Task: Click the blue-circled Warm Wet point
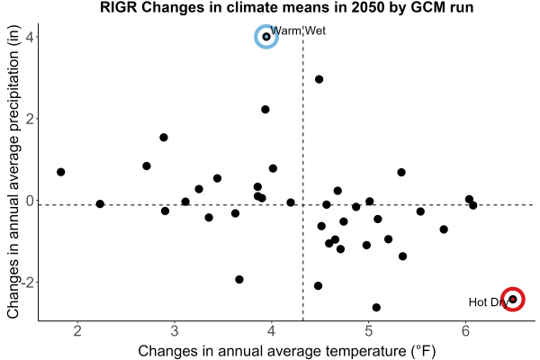[266, 37]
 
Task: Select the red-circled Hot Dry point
[513, 299]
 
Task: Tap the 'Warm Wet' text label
[298, 31]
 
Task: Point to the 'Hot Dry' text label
[489, 302]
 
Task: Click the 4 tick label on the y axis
[30, 37]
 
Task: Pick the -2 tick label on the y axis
[28, 282]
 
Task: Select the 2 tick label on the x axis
[77, 330]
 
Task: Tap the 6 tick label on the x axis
[465, 330]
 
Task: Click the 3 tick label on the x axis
[175, 330]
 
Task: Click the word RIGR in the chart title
[119, 7]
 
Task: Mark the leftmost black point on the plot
[60, 172]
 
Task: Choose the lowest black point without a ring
[376, 307]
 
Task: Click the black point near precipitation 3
[319, 79]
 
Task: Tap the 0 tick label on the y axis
[30, 200]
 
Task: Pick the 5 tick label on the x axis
[368, 330]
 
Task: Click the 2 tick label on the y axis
[30, 119]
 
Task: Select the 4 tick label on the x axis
[272, 330]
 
